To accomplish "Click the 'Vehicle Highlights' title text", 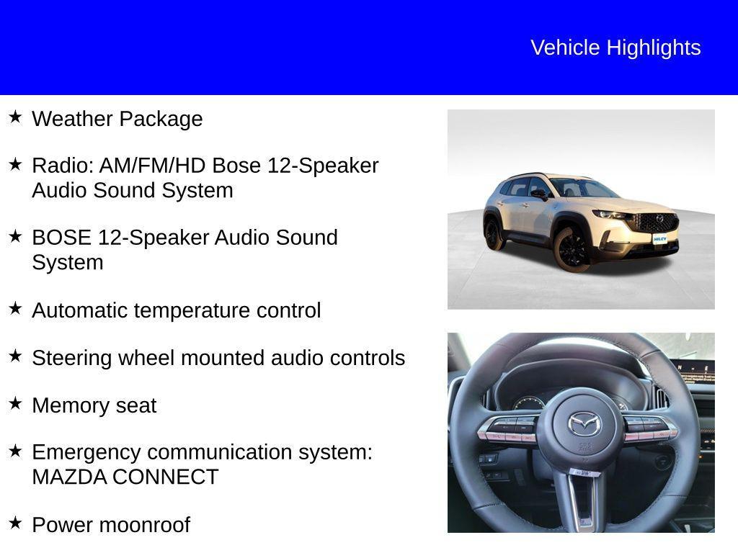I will (615, 48).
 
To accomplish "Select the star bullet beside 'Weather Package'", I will (15, 116).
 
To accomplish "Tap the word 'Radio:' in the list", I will (63, 166).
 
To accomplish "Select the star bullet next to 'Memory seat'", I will (15, 403).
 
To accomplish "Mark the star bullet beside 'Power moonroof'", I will (15, 523).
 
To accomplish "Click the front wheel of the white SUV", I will (573, 249).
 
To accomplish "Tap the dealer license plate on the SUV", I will (659, 238).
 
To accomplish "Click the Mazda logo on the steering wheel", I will (584, 424).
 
